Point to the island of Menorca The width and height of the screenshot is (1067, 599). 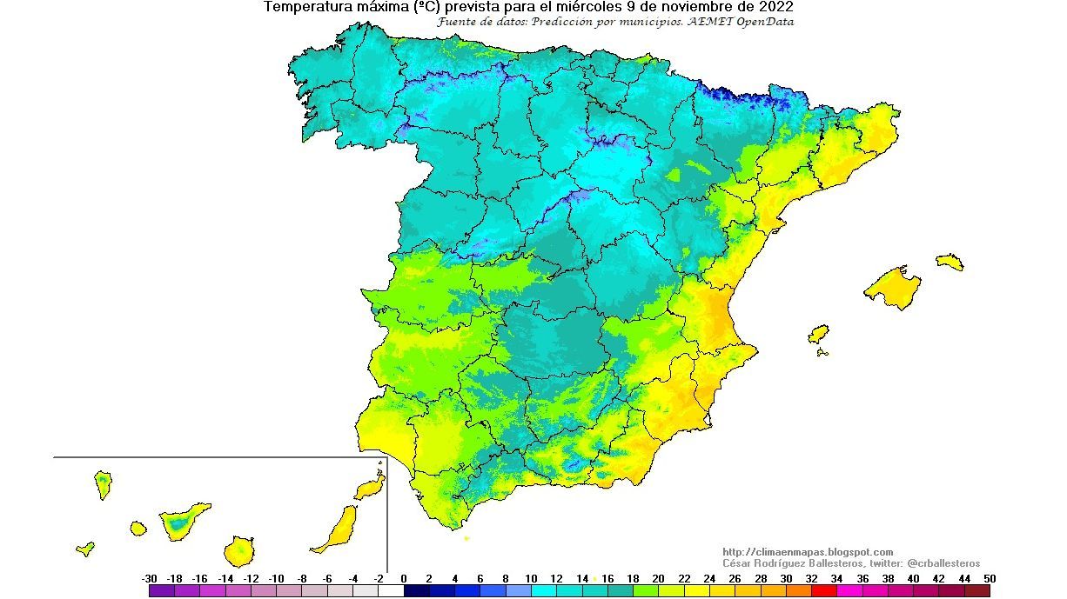(950, 261)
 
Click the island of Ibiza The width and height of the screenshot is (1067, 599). (818, 335)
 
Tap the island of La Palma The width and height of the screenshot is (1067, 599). (104, 483)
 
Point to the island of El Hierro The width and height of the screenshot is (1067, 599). (85, 549)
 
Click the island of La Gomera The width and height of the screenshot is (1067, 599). (138, 528)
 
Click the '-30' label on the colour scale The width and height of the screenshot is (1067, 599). (149, 578)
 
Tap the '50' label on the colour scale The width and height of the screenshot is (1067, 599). (988, 578)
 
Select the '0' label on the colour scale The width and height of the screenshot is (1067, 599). (404, 578)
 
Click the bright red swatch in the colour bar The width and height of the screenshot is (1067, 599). (823, 590)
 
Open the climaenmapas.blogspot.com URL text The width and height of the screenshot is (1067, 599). (808, 552)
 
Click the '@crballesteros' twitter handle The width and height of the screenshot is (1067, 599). (943, 563)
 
